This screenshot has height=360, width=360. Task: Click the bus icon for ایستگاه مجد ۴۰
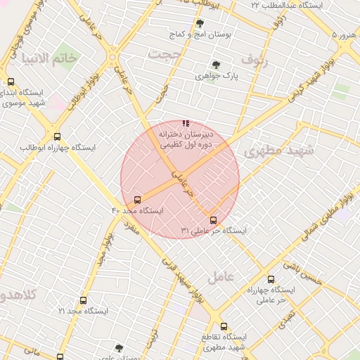click(x=137, y=200)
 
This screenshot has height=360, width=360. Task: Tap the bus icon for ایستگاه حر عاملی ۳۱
click(x=214, y=220)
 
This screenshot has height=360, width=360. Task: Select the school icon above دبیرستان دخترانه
click(x=186, y=123)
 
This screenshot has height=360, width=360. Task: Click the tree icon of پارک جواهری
click(x=216, y=65)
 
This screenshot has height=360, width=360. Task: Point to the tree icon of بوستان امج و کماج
click(x=200, y=24)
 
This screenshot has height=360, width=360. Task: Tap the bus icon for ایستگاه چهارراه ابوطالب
click(x=57, y=137)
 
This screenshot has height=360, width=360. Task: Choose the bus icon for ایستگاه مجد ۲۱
click(x=83, y=300)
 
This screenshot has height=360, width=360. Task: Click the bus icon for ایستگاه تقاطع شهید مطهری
click(x=224, y=326)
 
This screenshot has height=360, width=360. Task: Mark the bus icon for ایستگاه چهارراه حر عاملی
click(x=271, y=280)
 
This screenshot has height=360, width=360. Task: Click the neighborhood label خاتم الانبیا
click(x=51, y=58)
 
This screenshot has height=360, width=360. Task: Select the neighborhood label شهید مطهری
click(x=272, y=151)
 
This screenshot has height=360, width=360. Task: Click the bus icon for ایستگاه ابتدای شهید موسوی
click(x=10, y=82)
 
